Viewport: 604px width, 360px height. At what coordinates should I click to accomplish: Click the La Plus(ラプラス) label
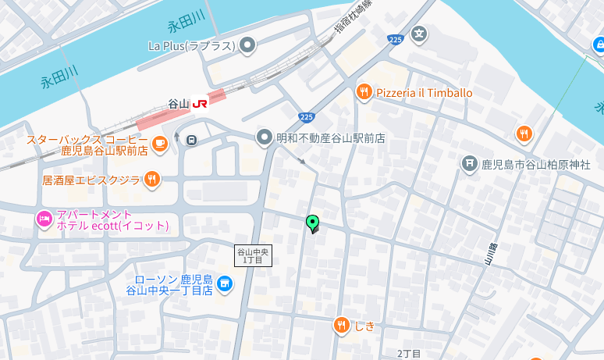click(191, 45)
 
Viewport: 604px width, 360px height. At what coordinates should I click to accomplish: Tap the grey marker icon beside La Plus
click(248, 45)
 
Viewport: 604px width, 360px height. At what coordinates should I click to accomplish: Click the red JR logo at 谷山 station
click(201, 103)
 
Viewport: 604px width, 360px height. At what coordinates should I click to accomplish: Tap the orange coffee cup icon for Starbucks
click(159, 143)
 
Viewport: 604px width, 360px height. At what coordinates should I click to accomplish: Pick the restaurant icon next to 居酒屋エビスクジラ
click(152, 180)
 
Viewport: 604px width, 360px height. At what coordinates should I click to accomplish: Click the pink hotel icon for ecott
click(44, 219)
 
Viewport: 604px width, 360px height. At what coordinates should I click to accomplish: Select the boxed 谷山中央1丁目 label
click(254, 255)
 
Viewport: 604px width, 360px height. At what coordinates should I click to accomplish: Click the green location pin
click(313, 223)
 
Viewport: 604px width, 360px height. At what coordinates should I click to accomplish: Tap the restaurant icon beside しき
click(341, 326)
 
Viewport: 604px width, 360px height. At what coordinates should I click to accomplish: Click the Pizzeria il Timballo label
click(425, 93)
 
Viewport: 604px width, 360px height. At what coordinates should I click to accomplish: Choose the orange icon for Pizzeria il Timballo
click(364, 93)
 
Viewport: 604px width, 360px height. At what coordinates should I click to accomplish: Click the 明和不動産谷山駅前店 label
click(331, 138)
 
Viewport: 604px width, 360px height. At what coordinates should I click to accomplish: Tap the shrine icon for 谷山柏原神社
click(469, 163)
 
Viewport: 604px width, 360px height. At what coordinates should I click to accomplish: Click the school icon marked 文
click(420, 34)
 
